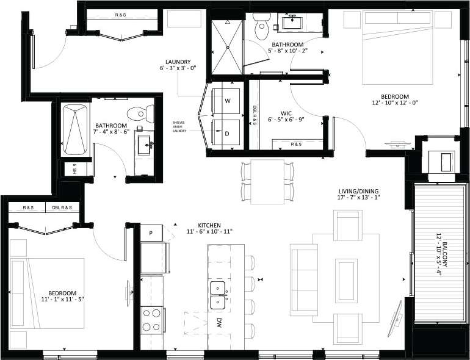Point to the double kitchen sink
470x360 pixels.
click(x=218, y=294)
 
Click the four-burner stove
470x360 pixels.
click(x=151, y=319)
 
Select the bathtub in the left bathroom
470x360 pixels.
click(x=76, y=129)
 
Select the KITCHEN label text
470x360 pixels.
click(x=209, y=225)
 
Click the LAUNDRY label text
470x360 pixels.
click(x=178, y=62)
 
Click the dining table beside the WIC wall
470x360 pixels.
click(x=267, y=182)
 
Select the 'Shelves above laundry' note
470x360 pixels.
click(x=179, y=126)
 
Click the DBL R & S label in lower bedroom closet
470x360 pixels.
click(x=60, y=207)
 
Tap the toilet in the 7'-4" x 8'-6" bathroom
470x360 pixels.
click(x=140, y=113)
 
